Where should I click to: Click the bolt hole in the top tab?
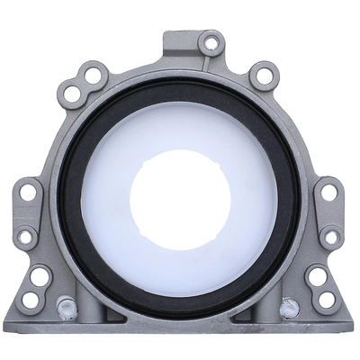coord(212,41)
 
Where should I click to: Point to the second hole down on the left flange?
coord(27,237)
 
